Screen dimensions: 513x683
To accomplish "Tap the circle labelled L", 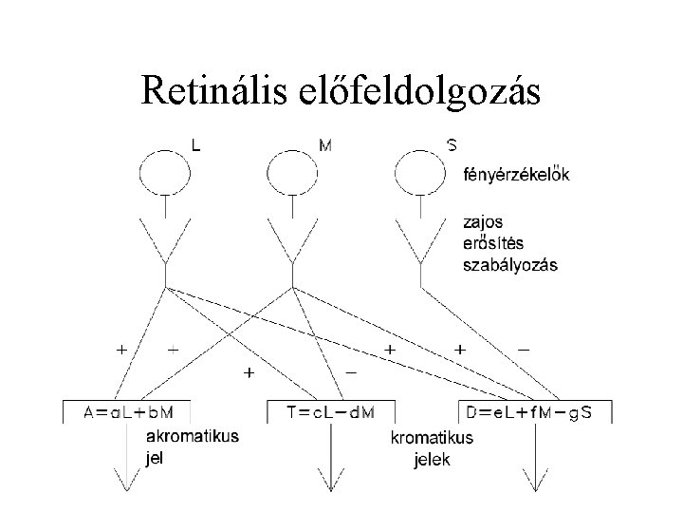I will pos(165,173).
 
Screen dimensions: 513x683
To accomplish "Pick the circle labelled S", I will pos(418,173).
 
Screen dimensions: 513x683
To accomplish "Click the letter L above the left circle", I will pos(195,145).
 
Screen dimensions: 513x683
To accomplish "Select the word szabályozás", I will pos(509,265).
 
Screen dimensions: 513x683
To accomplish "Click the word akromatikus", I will pos(192,436).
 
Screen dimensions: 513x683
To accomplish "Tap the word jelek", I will pos(433,461).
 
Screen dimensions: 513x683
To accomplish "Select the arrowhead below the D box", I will pos(535,483).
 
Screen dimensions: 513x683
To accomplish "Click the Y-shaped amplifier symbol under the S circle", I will pos(418,242).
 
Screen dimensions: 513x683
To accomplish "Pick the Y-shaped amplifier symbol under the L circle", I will pos(165,242).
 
